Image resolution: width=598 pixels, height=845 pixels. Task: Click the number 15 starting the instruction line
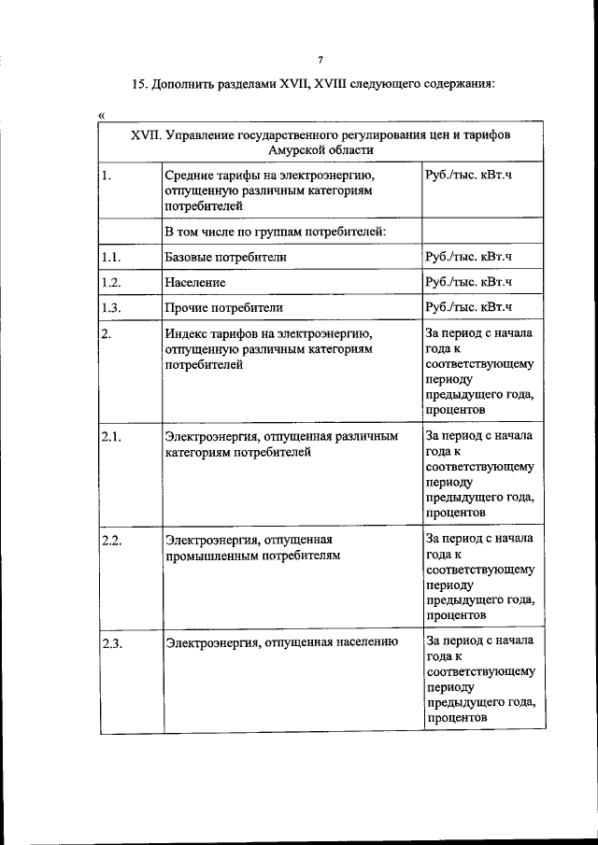click(x=139, y=84)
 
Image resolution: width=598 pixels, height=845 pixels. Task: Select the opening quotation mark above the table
click(x=101, y=115)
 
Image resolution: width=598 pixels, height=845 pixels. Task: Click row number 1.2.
click(x=112, y=281)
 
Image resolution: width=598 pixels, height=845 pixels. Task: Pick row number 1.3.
click(x=112, y=306)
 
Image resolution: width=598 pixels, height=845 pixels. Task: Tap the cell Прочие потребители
click(x=223, y=306)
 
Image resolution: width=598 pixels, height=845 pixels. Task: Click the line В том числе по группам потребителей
click(x=275, y=231)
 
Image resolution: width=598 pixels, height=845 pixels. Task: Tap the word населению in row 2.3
click(x=366, y=642)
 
